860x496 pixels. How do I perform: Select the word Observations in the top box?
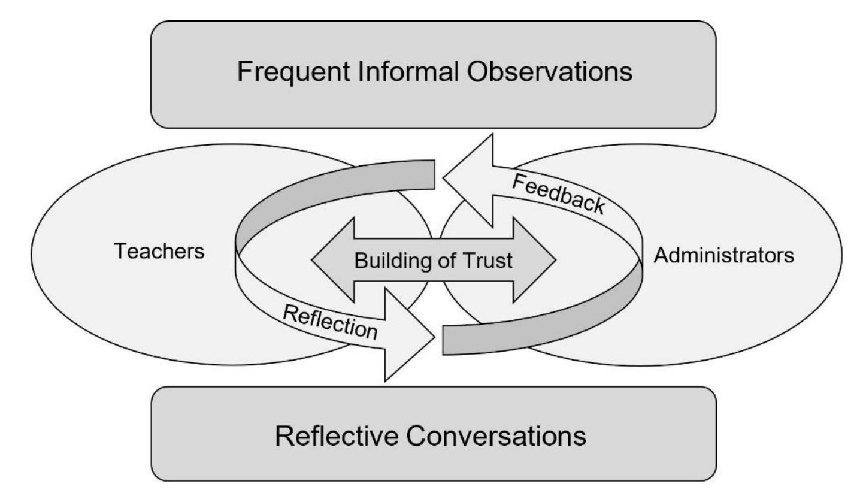549,72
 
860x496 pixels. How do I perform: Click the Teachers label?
159,252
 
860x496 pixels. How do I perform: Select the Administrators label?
723,256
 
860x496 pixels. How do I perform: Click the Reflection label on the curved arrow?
330,322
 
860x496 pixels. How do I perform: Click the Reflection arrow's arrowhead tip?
434,337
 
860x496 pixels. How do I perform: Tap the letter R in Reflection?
290,313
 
